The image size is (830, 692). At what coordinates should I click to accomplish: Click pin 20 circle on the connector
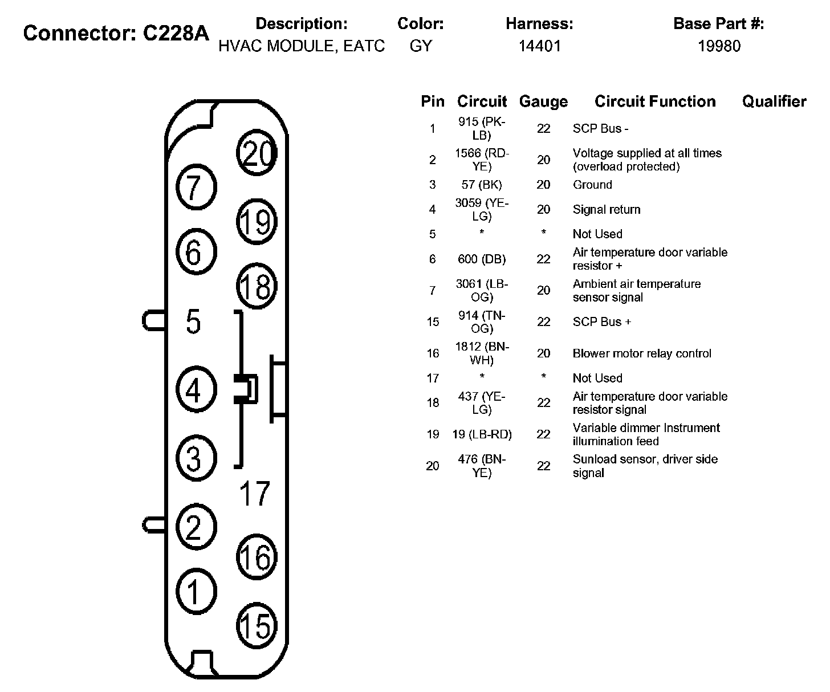point(257,153)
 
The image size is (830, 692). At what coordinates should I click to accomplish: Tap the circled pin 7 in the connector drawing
point(196,187)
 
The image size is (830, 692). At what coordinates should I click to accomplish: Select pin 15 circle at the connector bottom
point(257,626)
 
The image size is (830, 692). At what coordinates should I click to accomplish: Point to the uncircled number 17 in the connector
point(255,494)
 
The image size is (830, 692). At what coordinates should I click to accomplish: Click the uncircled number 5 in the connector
point(194,321)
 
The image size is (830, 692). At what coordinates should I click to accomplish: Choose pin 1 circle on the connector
point(196,592)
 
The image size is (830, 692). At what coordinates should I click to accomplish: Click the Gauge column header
point(543,102)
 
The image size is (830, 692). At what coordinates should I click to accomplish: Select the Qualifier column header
point(774,101)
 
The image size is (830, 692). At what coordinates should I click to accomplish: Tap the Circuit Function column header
point(655,101)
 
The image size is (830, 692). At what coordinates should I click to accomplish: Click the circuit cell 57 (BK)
point(482,185)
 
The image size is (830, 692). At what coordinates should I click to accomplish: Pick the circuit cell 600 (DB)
point(482,259)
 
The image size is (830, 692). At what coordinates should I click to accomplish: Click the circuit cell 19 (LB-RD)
point(482,434)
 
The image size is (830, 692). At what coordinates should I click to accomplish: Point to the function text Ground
point(592,185)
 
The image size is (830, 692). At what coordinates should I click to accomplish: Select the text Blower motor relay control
point(642,353)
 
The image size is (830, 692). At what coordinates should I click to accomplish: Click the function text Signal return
point(607,209)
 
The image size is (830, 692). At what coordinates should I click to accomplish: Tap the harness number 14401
point(539,46)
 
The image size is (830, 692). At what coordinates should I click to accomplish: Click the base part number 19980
point(719,46)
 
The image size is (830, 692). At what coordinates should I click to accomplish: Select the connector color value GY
point(421,46)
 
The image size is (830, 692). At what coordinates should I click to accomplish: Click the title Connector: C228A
point(116,33)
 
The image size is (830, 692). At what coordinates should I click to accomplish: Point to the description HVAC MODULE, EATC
point(302,46)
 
